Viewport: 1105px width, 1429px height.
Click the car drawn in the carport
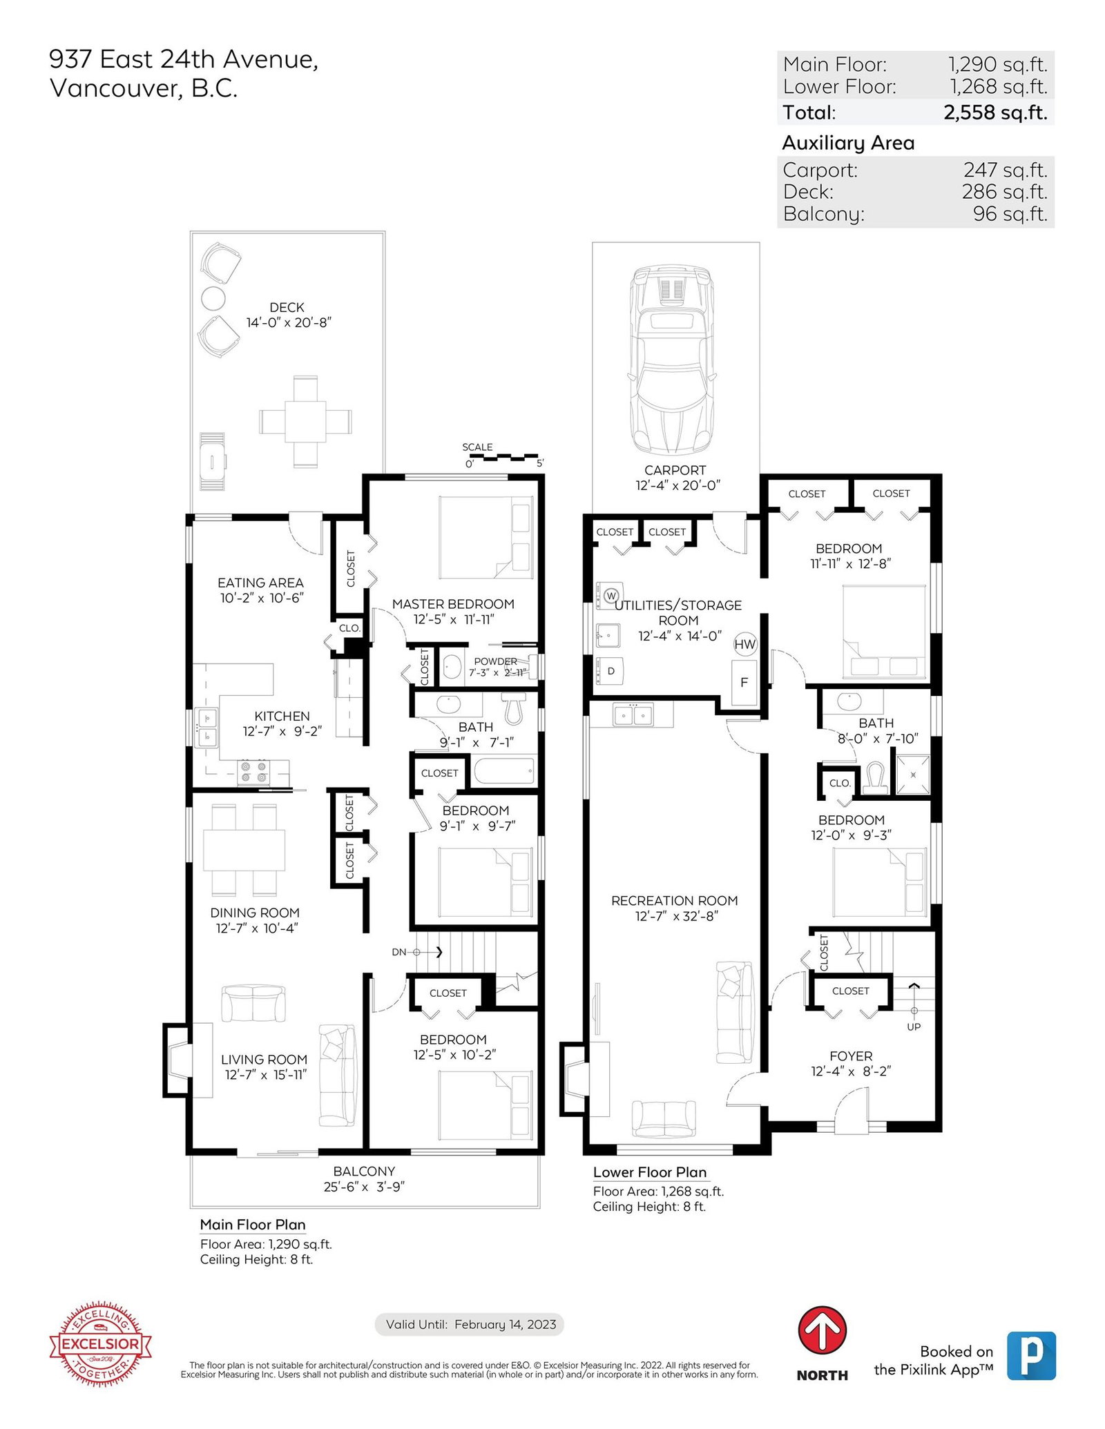pyautogui.click(x=671, y=360)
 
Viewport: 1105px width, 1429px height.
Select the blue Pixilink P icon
pyautogui.click(x=1031, y=1356)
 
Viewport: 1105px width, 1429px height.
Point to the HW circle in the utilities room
pyautogui.click(x=744, y=644)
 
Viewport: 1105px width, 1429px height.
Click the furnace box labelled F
pyautogui.click(x=744, y=682)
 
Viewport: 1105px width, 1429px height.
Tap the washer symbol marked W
pyautogui.click(x=610, y=594)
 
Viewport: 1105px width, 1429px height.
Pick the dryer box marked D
pyautogui.click(x=610, y=670)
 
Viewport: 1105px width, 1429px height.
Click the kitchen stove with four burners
pyautogui.click(x=253, y=772)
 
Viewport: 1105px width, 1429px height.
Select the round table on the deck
pyautogui.click(x=213, y=298)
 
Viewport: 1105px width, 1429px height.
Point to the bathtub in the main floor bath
pyautogui.click(x=504, y=770)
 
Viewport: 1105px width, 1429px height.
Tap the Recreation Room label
pyautogui.click(x=674, y=900)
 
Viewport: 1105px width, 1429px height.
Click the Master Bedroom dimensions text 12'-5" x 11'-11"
pyautogui.click(x=454, y=619)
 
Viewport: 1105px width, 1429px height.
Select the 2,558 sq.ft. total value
pyautogui.click(x=995, y=112)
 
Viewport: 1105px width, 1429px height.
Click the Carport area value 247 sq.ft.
pyautogui.click(x=1005, y=169)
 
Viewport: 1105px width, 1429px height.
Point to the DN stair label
pyautogui.click(x=399, y=952)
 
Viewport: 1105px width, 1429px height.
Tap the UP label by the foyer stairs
pyautogui.click(x=914, y=1027)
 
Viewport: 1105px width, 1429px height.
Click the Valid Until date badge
pyautogui.click(x=470, y=1324)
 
